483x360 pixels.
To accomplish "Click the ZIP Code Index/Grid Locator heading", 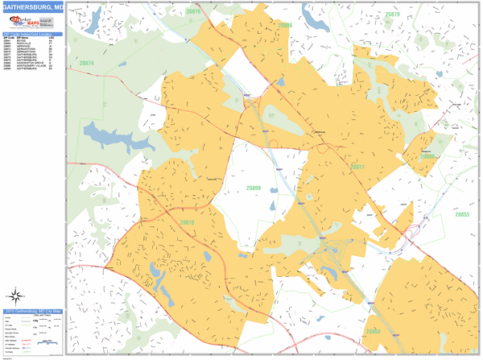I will pos(32,34).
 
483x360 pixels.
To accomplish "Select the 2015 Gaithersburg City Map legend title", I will pos(32,312).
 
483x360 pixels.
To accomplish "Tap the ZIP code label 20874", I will pos(87,63).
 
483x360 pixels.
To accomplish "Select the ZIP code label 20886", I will pos(284,26).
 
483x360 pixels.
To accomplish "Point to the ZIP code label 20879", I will pos(392,14).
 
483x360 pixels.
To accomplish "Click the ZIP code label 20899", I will pos(254,188).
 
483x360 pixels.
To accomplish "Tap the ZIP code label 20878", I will pos(187,222).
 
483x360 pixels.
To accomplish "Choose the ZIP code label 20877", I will pos(357,167).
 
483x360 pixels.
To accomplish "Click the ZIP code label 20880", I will pos(427,156).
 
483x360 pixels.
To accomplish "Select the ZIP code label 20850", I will pos(372,331).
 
